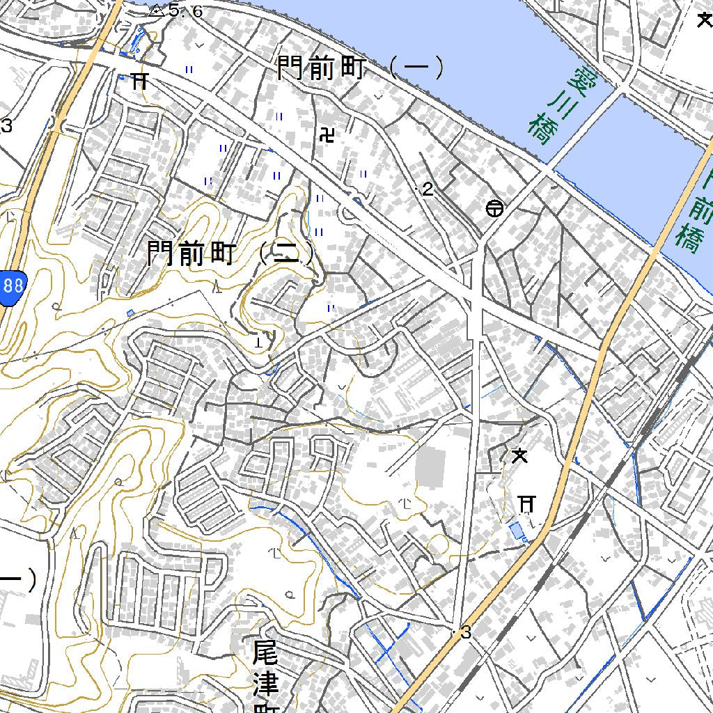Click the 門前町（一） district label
(x=360, y=68)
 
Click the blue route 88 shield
(x=13, y=286)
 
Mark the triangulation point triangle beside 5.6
(x=156, y=10)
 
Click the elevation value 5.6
(x=185, y=10)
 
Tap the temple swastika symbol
(x=326, y=135)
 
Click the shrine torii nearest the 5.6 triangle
(x=139, y=81)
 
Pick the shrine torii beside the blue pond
(x=527, y=503)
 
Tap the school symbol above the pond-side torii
(x=519, y=457)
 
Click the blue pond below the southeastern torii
(x=517, y=533)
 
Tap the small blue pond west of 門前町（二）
(x=130, y=313)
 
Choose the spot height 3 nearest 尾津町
(x=466, y=633)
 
